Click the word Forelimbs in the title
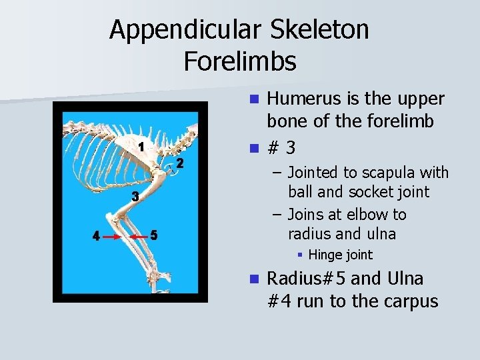(x=239, y=61)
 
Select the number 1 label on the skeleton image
(x=141, y=147)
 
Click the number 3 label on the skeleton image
(x=134, y=197)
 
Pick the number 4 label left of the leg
(x=96, y=236)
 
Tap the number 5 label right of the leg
(x=154, y=235)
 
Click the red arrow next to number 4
(x=112, y=237)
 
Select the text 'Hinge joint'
(x=341, y=255)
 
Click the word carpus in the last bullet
(x=411, y=301)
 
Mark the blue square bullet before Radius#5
(x=254, y=279)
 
